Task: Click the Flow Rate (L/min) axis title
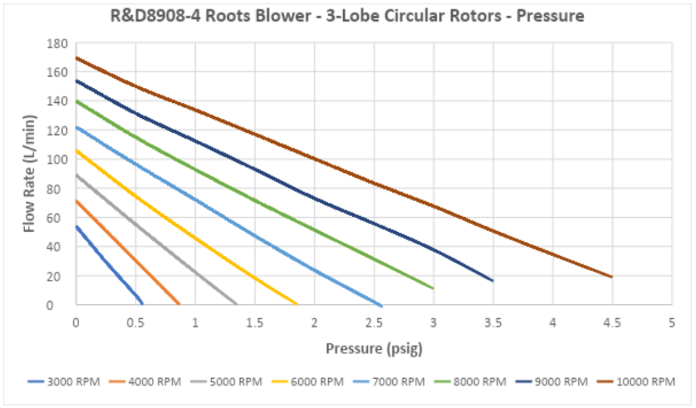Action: [x=30, y=174]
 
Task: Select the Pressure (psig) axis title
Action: [x=374, y=349]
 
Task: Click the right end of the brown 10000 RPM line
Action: [x=612, y=277]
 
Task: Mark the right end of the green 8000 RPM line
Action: [x=433, y=289]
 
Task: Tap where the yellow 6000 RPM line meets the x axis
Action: [x=298, y=304]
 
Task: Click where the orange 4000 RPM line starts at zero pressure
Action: [x=76, y=201]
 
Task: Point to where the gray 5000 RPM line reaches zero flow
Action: [x=237, y=304]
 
